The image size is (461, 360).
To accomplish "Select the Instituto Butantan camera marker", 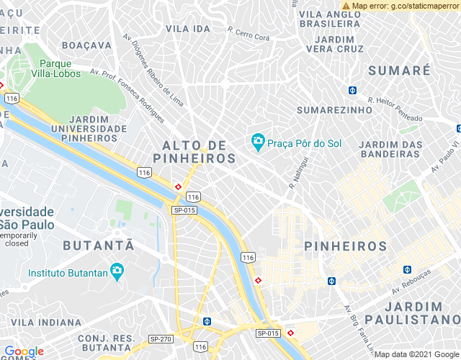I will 117,272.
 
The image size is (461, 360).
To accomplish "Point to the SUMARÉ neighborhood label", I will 398,71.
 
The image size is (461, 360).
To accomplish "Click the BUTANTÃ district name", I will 99,245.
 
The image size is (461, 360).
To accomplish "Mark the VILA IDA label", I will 188,28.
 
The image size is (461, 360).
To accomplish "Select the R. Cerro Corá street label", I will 248,32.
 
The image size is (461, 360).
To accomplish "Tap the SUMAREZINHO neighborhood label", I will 334,110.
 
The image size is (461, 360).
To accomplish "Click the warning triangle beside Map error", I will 346,5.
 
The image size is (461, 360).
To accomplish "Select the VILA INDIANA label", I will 46,322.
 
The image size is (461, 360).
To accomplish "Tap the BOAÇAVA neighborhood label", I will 87,45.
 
